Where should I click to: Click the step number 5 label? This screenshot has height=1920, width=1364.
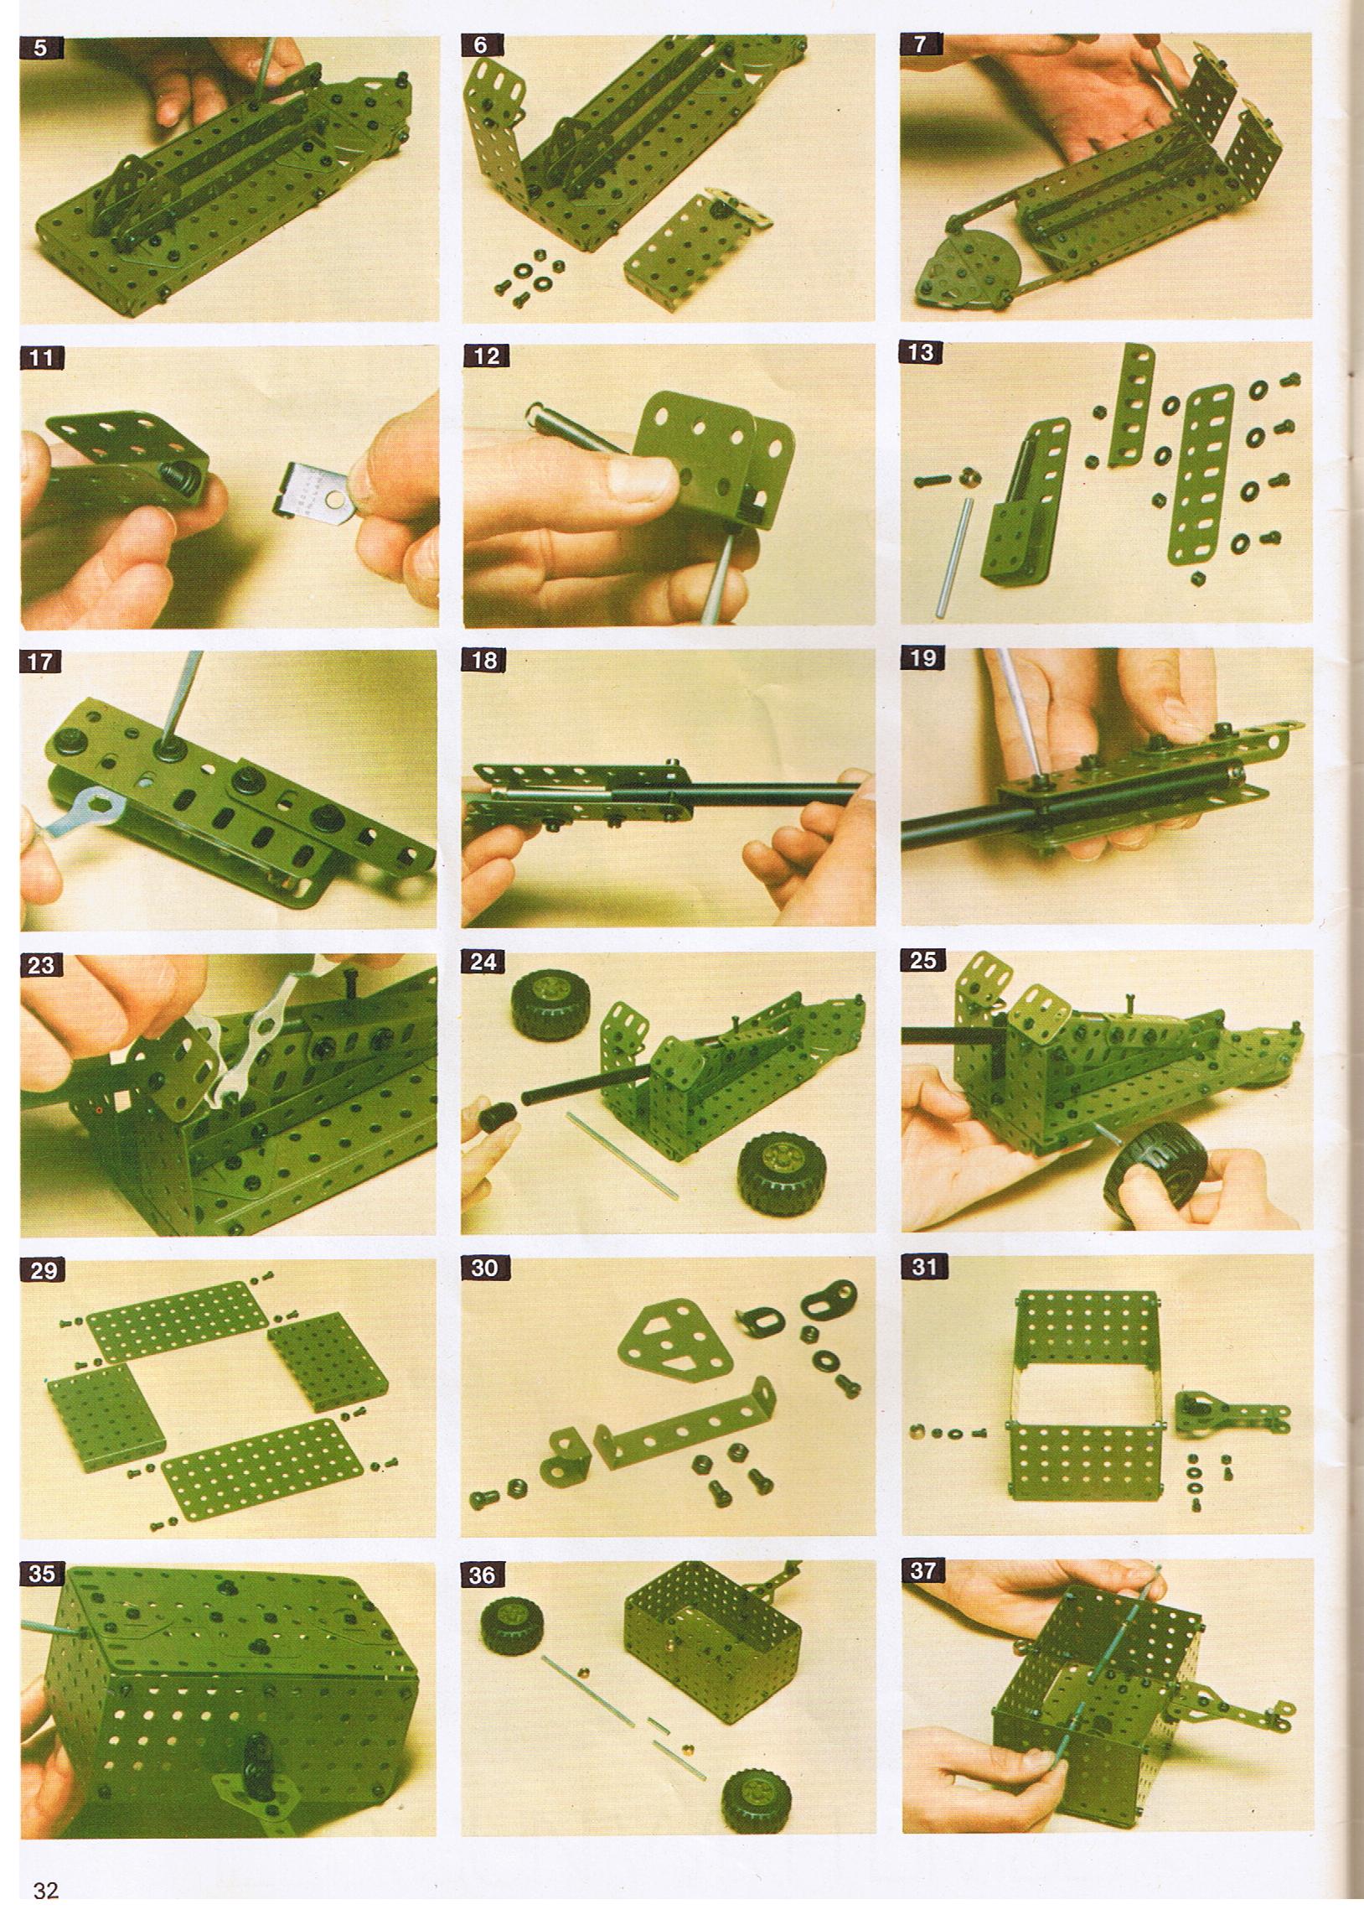(x=40, y=47)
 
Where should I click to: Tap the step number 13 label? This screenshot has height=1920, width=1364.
(x=921, y=353)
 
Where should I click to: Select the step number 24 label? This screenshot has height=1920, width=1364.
(x=483, y=962)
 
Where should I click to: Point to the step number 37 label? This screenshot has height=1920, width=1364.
(x=922, y=1570)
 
